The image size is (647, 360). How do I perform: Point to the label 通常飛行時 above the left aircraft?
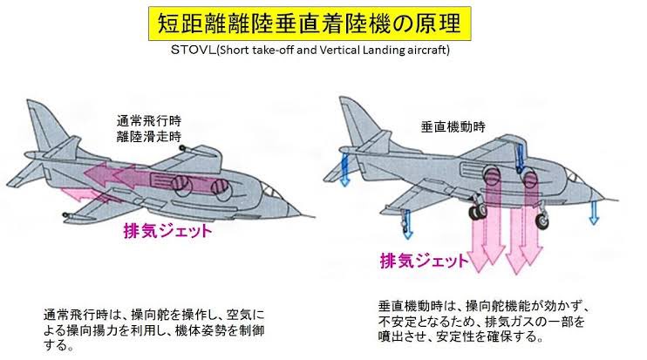[x=147, y=121]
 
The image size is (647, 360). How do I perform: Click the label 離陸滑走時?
[x=147, y=136]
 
